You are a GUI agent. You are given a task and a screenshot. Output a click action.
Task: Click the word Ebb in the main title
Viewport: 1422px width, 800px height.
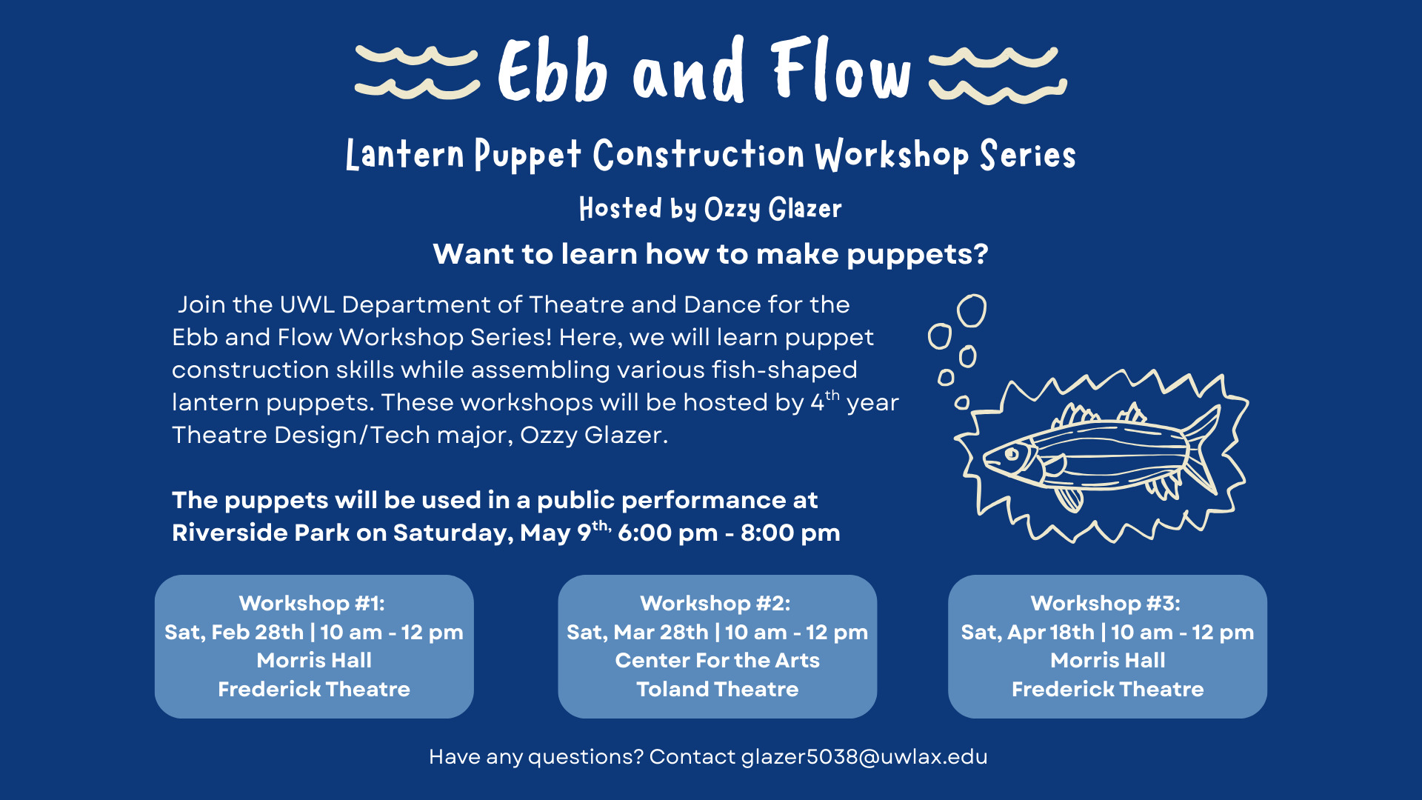point(553,70)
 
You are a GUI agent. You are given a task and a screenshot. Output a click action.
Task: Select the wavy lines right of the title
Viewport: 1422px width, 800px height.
point(998,74)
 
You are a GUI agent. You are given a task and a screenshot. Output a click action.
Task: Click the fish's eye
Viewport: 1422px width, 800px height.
point(1012,453)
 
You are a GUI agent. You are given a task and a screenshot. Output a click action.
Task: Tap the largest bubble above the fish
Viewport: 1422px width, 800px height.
point(972,310)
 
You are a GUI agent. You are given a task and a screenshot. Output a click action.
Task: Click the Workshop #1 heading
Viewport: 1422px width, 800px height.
point(312,603)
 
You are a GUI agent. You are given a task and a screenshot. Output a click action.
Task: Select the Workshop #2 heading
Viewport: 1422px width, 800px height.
point(715,603)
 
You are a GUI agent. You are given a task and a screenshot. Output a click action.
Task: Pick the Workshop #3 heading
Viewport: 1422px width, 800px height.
point(1106,603)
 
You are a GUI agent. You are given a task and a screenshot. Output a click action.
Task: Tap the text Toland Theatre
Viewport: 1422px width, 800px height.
point(718,689)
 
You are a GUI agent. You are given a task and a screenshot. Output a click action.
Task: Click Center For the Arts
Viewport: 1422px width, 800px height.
point(718,660)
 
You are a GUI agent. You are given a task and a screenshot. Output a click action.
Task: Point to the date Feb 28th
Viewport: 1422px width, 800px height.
point(258,632)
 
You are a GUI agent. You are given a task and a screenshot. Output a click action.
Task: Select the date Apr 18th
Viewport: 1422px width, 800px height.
point(1051,632)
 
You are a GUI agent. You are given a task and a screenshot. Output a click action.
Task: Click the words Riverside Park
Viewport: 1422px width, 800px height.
point(261,533)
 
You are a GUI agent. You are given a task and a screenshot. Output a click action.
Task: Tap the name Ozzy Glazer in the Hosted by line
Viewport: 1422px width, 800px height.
point(773,209)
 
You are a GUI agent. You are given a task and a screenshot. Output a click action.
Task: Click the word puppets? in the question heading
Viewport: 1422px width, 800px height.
point(918,255)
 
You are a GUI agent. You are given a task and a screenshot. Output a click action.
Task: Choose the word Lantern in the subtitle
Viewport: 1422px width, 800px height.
point(405,155)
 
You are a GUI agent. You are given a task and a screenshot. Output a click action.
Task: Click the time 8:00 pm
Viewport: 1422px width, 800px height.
point(790,533)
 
